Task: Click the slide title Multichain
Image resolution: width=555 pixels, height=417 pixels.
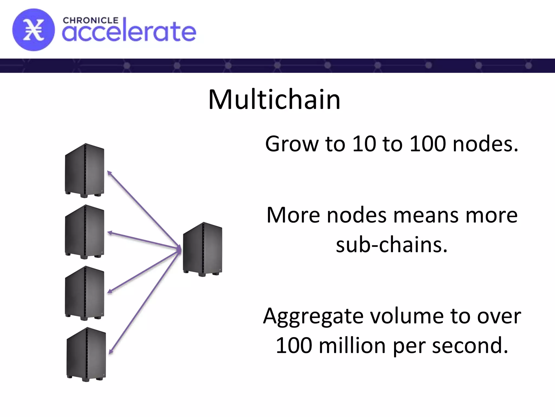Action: pyautogui.click(x=274, y=100)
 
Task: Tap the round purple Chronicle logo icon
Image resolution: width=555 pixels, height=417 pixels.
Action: pyautogui.click(x=33, y=30)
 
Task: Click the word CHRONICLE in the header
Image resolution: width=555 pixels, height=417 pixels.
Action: pyautogui.click(x=91, y=21)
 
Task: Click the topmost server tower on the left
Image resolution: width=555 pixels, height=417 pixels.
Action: pyautogui.click(x=85, y=170)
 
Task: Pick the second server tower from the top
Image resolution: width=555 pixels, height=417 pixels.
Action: pyautogui.click(x=85, y=232)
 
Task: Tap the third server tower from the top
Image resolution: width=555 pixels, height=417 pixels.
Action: pyautogui.click(x=85, y=293)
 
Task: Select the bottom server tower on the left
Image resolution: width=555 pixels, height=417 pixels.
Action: pyautogui.click(x=86, y=354)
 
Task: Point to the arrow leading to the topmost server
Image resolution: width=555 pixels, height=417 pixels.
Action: pyautogui.click(x=144, y=209)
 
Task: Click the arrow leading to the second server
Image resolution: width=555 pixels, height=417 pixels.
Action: pyautogui.click(x=144, y=240)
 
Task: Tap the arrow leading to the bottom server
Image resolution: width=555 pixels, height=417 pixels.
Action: pyautogui.click(x=145, y=301)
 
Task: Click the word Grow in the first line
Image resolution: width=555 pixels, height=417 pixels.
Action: pyautogui.click(x=292, y=144)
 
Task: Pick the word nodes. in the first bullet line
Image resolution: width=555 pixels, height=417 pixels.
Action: pyautogui.click(x=485, y=144)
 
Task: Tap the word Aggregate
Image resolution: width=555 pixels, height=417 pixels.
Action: pyautogui.click(x=313, y=317)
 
